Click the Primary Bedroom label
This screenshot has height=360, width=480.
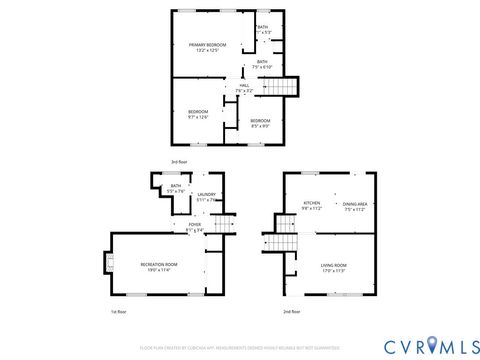click(207, 47)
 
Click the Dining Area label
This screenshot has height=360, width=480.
click(356, 207)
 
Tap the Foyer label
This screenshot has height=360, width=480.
click(195, 227)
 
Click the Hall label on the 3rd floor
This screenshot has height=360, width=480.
click(243, 88)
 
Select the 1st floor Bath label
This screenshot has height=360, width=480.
click(175, 188)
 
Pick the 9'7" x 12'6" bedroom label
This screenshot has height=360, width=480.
click(198, 114)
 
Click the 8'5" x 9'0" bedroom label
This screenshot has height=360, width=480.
click(261, 123)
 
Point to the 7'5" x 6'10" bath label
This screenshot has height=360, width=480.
click(262, 64)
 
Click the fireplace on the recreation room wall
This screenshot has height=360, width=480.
click(104, 263)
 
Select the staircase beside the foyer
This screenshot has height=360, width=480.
click(229, 226)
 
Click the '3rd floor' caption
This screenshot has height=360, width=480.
click(204, 160)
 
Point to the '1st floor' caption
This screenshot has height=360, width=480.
click(118, 312)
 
